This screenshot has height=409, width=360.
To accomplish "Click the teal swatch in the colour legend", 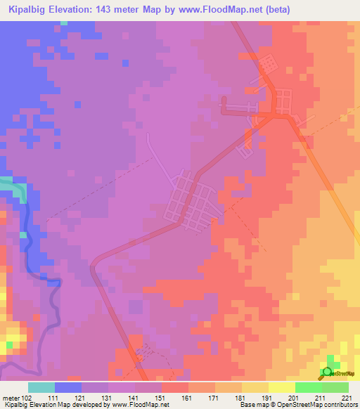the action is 41,387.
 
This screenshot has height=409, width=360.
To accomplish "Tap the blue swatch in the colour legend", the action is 68,387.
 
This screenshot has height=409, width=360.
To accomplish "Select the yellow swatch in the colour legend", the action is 282,387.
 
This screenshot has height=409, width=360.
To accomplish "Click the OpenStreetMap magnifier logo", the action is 327,372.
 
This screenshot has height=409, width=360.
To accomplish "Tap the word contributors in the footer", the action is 340,405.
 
